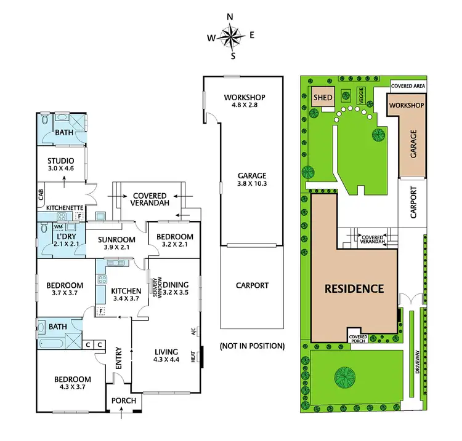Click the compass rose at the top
[232, 38]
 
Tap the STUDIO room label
[60, 162]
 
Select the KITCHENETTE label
[64, 208]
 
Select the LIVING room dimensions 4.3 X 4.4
[167, 361]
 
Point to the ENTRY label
[119, 358]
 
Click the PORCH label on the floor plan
[124, 400]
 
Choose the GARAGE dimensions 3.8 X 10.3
[244, 183]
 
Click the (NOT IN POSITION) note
[252, 346]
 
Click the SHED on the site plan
[323, 98]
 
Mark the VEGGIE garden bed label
[362, 95]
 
